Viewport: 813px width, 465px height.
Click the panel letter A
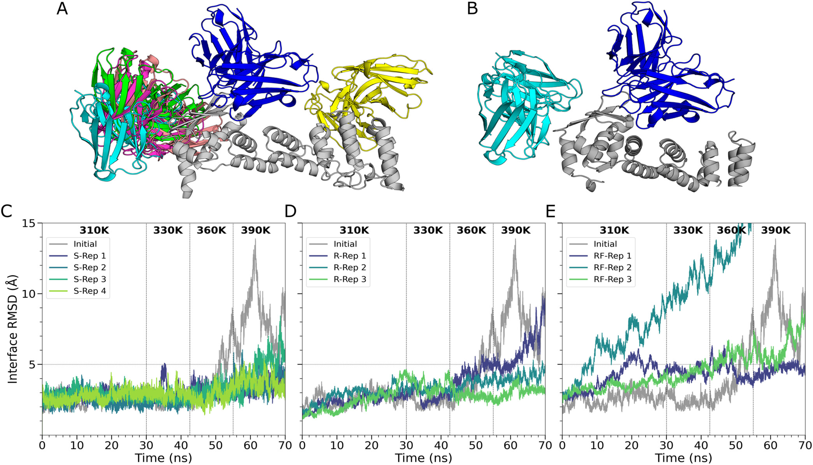pos(62,9)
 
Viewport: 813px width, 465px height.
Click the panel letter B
pos(472,9)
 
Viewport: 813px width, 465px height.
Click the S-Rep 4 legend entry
pos(90,291)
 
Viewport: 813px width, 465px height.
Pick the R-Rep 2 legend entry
pos(350,268)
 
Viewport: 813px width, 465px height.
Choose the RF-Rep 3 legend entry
pos(612,279)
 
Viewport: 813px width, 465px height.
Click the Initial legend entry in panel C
pos(85,244)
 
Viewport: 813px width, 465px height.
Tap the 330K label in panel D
pos(428,230)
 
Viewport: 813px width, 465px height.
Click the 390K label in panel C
pos(255,230)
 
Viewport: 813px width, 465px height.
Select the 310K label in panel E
pos(614,230)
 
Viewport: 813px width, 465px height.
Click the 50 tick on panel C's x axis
pos(216,445)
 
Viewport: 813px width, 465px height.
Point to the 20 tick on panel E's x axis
pos(632,445)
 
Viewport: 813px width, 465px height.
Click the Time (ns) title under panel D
pos(424,458)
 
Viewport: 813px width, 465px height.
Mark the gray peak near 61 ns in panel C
pos(255,240)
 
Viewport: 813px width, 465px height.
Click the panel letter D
pos(290,211)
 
